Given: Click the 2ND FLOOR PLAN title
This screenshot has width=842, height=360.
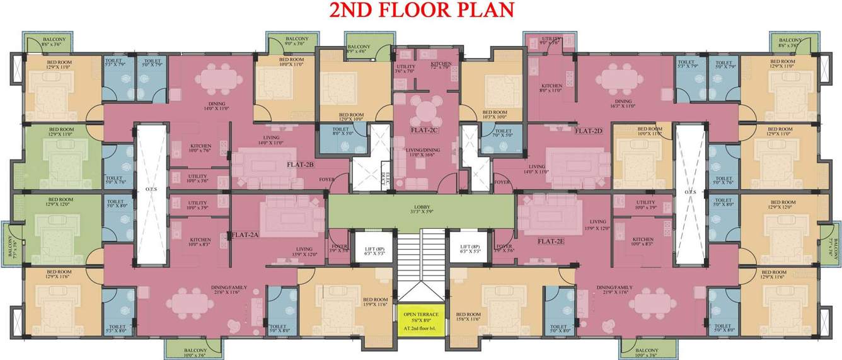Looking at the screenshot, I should click(x=421, y=9).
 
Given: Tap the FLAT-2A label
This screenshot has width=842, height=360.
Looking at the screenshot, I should click(x=245, y=235).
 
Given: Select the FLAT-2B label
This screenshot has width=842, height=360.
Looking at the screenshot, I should click(x=301, y=165).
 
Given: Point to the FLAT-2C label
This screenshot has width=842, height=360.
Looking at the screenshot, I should click(x=424, y=131).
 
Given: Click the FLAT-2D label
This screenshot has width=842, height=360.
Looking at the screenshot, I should click(x=589, y=131).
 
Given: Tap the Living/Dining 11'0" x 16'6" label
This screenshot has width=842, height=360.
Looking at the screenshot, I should click(x=424, y=152).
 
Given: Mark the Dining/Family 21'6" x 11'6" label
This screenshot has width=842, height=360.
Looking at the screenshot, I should click(x=229, y=290).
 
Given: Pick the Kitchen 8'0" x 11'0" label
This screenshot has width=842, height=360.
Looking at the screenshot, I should click(x=551, y=89).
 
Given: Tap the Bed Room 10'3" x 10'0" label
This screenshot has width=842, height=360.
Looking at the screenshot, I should click(x=493, y=115).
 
